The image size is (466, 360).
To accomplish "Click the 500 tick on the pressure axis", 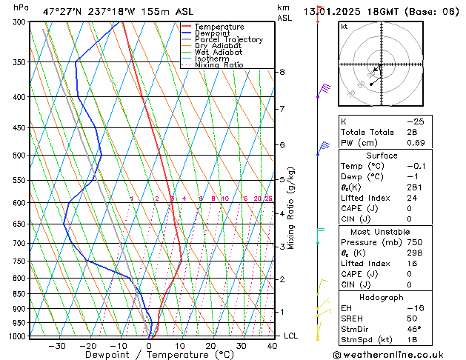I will point(19,156).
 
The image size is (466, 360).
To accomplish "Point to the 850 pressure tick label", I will point(19,294).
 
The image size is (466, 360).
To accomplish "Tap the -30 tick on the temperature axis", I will point(57,346).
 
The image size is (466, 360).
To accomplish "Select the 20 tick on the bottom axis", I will point(211,346).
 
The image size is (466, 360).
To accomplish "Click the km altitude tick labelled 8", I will point(282,72).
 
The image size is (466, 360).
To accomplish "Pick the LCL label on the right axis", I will point(292,336).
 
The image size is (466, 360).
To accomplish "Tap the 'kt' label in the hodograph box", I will point(344,26).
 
